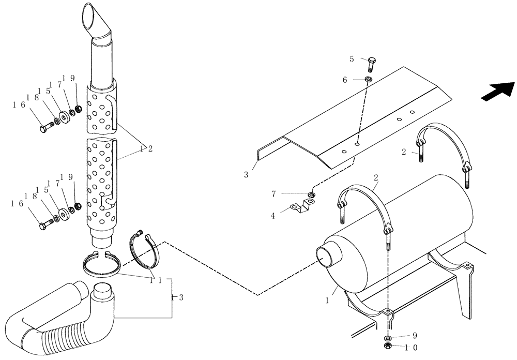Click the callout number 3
[247, 175]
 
